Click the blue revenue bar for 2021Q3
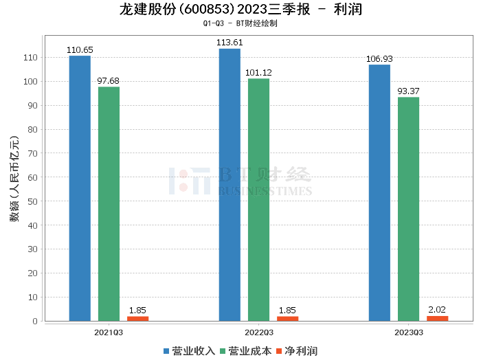[80, 188]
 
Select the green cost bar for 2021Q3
[109, 203]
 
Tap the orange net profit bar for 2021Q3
[137, 318]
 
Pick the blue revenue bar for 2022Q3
[230, 185]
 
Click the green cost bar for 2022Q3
[258, 199]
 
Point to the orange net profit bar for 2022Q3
[287, 318]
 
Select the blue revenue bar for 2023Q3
[379, 192]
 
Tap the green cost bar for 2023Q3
[408, 209]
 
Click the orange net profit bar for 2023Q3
[437, 318]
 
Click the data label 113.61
[230, 43]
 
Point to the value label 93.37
[408, 91]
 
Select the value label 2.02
[437, 310]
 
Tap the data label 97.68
[109, 81]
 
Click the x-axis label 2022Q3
[258, 332]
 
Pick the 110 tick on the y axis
[30, 58]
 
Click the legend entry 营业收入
[189, 351]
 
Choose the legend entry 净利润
[296, 351]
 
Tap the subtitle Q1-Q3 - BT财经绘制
[240, 23]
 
